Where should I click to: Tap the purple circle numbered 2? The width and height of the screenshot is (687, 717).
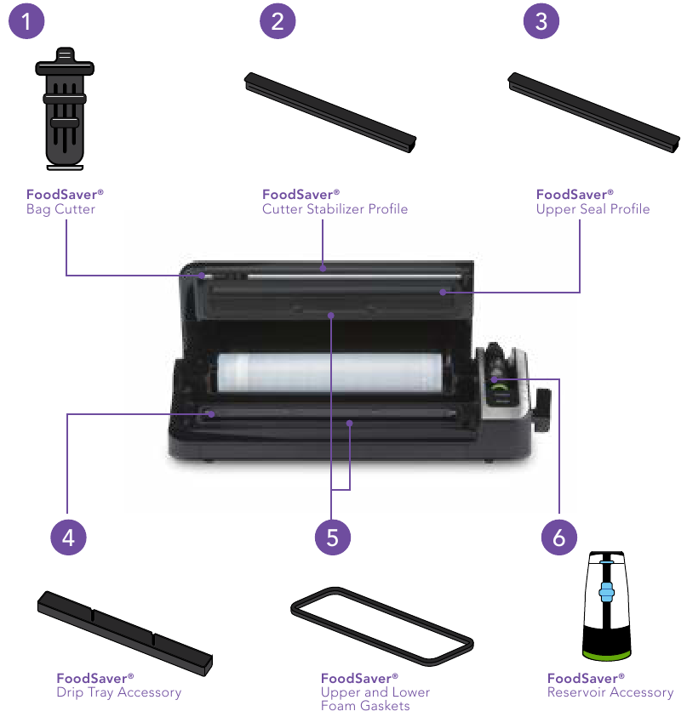pyautogui.click(x=277, y=21)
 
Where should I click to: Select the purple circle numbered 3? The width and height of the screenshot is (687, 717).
pyautogui.click(x=541, y=21)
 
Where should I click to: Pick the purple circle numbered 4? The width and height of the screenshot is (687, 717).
pyautogui.click(x=68, y=538)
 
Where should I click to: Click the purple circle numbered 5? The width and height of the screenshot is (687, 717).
pyautogui.click(x=332, y=538)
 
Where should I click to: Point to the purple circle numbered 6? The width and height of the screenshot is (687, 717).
pyautogui.click(x=559, y=538)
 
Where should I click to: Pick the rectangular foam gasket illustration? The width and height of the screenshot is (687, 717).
pyautogui.click(x=381, y=625)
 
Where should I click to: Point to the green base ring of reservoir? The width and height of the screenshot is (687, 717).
pyautogui.click(x=606, y=653)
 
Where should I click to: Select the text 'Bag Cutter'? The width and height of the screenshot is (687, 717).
pyautogui.click(x=60, y=209)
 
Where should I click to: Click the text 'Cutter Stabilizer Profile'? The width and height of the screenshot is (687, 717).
pyautogui.click(x=335, y=209)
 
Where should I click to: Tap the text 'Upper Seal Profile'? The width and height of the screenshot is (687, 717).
pyautogui.click(x=593, y=209)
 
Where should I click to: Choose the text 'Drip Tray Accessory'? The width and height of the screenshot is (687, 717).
pyautogui.click(x=118, y=692)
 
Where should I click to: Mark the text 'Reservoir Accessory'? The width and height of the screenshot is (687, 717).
pyautogui.click(x=610, y=692)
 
